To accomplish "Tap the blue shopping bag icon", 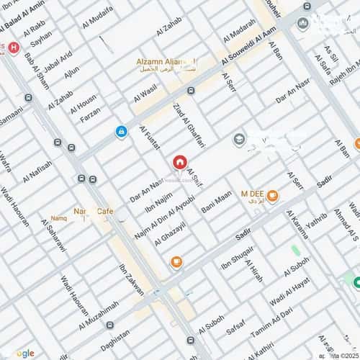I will (122, 132).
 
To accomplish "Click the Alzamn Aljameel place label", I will (166, 63).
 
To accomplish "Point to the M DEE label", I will (252, 193).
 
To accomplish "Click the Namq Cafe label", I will (94, 211).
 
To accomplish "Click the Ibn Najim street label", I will (159, 197).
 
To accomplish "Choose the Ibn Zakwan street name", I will (132, 280).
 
